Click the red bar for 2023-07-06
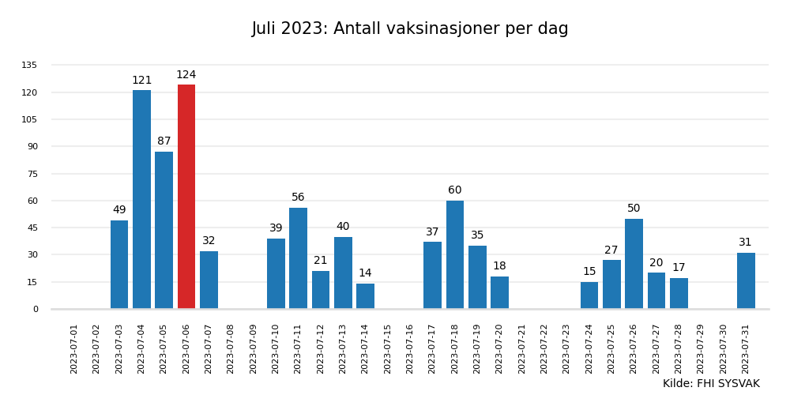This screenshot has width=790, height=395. pos(186,197)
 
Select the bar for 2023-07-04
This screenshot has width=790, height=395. pos(141,199)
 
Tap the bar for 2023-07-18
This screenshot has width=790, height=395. pos(455,254)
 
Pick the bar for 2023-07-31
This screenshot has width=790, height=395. pos(746,280)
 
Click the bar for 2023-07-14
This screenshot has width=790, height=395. pos(365,296)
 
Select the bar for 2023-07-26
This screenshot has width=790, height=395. pos(634,264)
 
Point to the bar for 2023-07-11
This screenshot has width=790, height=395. pos(298,258)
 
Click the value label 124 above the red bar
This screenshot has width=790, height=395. pos(186,75)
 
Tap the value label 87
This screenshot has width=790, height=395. pos(164,141)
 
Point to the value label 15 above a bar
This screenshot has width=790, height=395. pos(589,272)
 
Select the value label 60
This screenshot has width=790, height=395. pos(455,190)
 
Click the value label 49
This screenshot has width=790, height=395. pos(119,210)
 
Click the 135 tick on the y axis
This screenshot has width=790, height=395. pos(29,66)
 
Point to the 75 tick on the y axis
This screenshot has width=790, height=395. pos(32,174)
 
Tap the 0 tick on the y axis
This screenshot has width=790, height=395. pos(35,309)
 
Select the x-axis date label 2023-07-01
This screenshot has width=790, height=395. pos(74,348)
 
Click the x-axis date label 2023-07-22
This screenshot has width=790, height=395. pos(544,348)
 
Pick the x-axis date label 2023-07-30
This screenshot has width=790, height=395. pos(724,348)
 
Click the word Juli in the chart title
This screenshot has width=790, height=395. pos(268,29)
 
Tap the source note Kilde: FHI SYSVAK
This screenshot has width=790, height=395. pos(711,384)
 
